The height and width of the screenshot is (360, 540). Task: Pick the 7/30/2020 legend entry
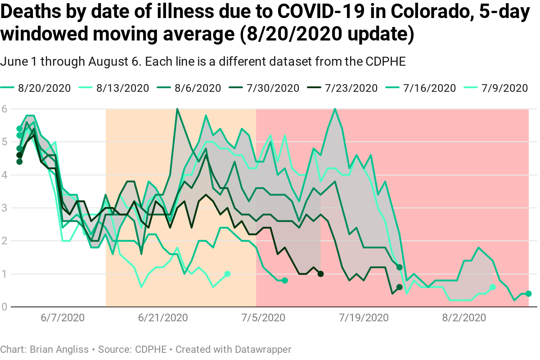[x=273, y=88]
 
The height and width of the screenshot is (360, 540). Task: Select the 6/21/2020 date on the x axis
[x=163, y=318]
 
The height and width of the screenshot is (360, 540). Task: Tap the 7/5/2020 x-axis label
[x=263, y=318]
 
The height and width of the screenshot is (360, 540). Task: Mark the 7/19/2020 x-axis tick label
[x=364, y=318]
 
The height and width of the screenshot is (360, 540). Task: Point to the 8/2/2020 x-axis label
[x=464, y=318]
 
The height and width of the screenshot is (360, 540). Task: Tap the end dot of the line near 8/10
[x=528, y=294]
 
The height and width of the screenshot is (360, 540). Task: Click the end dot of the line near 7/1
[x=227, y=274]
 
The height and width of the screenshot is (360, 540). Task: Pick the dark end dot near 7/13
[x=320, y=274]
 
